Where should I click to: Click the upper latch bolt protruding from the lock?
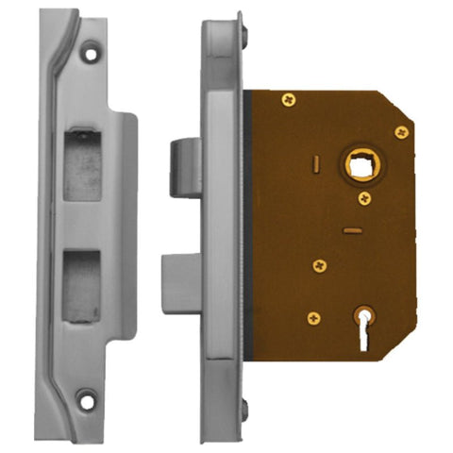[184, 164]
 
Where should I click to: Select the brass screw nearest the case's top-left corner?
[285, 96]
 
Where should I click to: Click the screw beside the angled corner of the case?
[400, 131]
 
